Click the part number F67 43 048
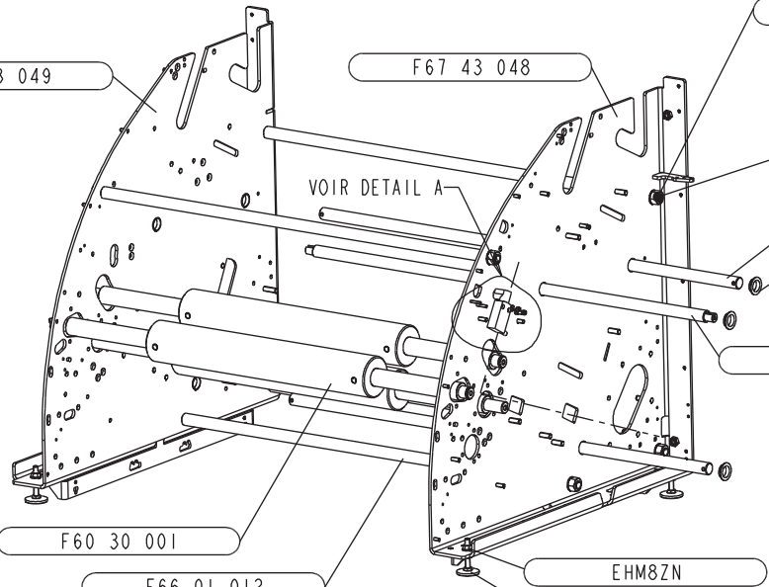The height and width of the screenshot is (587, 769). pos(470,68)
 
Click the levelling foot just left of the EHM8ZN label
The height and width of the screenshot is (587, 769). pos(465,567)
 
